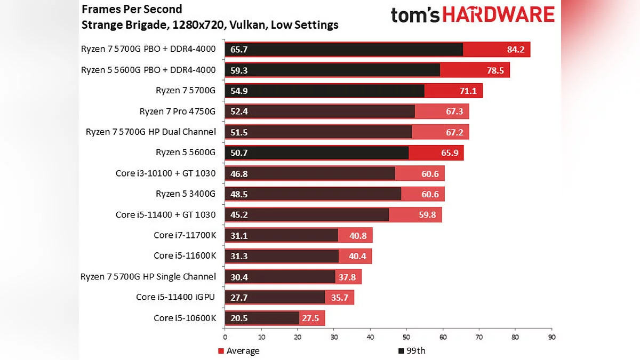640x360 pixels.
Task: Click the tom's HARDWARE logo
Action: [x=473, y=15]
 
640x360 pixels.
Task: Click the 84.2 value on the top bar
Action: [x=516, y=50]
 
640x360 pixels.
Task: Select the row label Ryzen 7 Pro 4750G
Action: [x=177, y=111]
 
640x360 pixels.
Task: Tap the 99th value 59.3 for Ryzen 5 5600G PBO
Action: [x=239, y=70]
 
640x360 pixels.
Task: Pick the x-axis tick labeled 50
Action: [x=406, y=337]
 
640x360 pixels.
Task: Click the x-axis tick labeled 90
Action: [x=551, y=337]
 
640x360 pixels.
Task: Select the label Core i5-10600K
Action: [x=185, y=318]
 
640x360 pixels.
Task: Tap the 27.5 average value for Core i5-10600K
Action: [x=310, y=318]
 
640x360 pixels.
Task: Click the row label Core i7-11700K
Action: [x=185, y=235]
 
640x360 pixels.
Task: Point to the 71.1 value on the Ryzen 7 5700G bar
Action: [x=468, y=91]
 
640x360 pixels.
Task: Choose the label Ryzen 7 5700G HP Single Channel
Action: [x=148, y=277]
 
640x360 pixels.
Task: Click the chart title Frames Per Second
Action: [x=132, y=9]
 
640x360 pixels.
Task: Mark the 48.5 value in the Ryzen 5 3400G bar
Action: [x=239, y=194]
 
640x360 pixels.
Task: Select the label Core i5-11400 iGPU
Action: [x=175, y=297]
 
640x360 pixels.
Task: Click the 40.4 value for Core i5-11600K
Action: [x=357, y=256]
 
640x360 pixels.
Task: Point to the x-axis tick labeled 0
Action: [x=225, y=337]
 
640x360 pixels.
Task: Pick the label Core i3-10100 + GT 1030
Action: [x=165, y=173]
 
